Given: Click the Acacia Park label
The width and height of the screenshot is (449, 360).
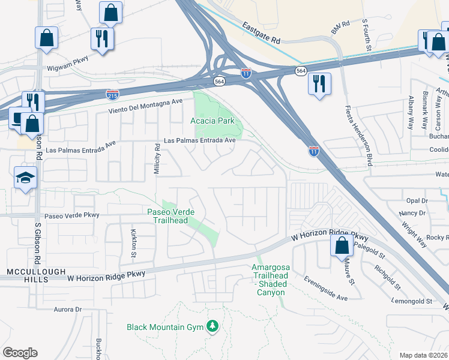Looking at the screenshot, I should (x=216, y=121).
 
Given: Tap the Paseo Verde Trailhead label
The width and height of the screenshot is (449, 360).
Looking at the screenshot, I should (x=168, y=215).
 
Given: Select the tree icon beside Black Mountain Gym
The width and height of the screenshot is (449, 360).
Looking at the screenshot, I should (x=212, y=326).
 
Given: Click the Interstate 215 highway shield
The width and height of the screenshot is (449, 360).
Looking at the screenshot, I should (x=112, y=94).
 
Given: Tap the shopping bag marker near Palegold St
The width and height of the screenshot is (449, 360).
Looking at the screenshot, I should (x=342, y=245).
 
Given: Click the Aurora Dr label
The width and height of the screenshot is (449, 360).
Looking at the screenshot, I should (x=67, y=310).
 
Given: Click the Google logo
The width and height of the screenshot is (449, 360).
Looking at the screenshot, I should (x=20, y=352).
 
